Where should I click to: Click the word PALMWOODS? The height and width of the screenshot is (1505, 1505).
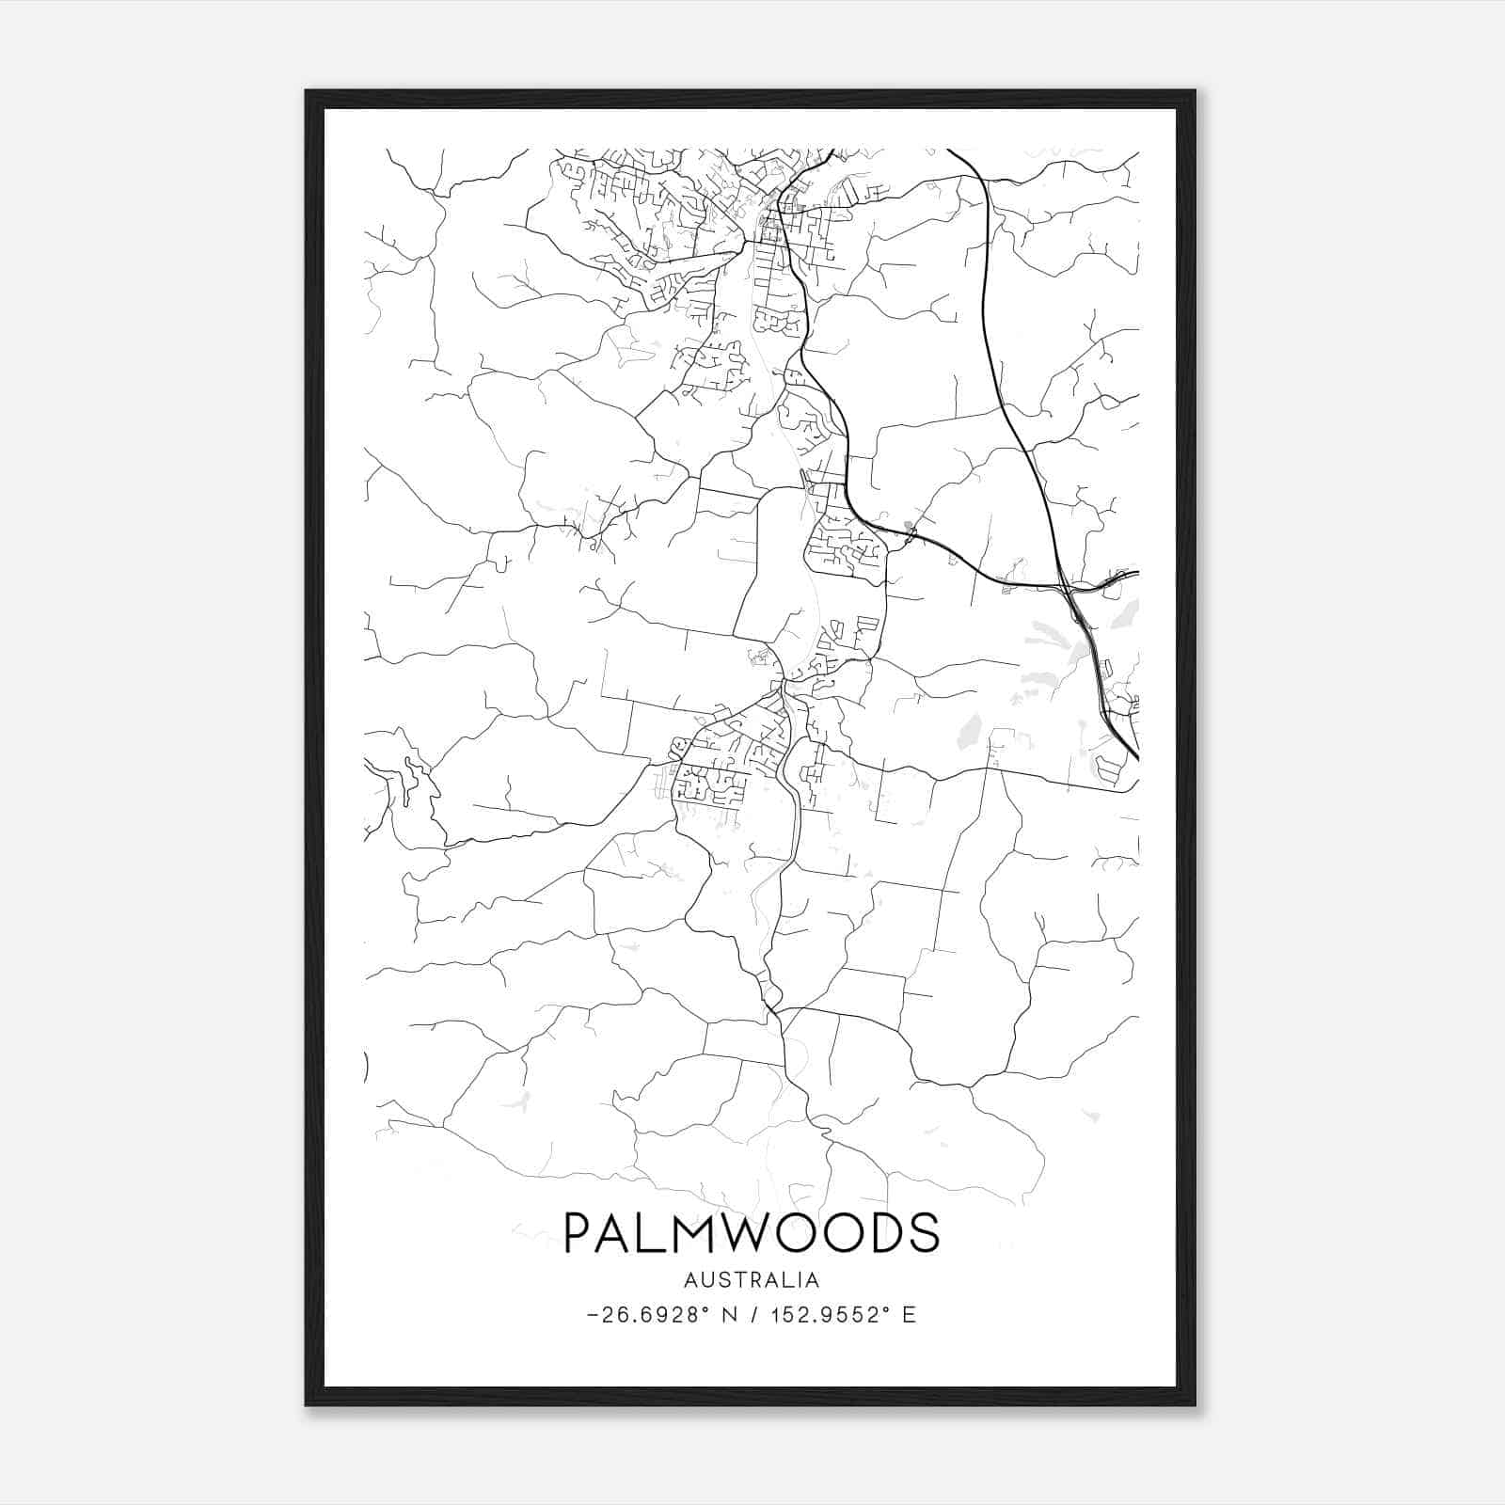click(x=751, y=1232)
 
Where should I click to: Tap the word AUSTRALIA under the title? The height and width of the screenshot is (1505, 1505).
click(x=751, y=1280)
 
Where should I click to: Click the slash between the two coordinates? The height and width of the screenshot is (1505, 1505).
click(x=752, y=1315)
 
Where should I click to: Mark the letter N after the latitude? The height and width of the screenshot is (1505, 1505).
click(x=729, y=1315)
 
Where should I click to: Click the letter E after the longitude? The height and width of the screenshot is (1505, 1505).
click(x=909, y=1315)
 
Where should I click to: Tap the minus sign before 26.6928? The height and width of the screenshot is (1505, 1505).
click(x=592, y=1315)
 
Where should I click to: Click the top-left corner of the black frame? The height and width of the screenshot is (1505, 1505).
click(x=308, y=92)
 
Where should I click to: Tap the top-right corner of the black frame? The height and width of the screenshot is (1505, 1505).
click(x=1194, y=92)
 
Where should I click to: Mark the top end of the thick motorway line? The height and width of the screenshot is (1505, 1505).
click(x=948, y=150)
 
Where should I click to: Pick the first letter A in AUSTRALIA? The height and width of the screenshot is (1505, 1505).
click(x=691, y=1280)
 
